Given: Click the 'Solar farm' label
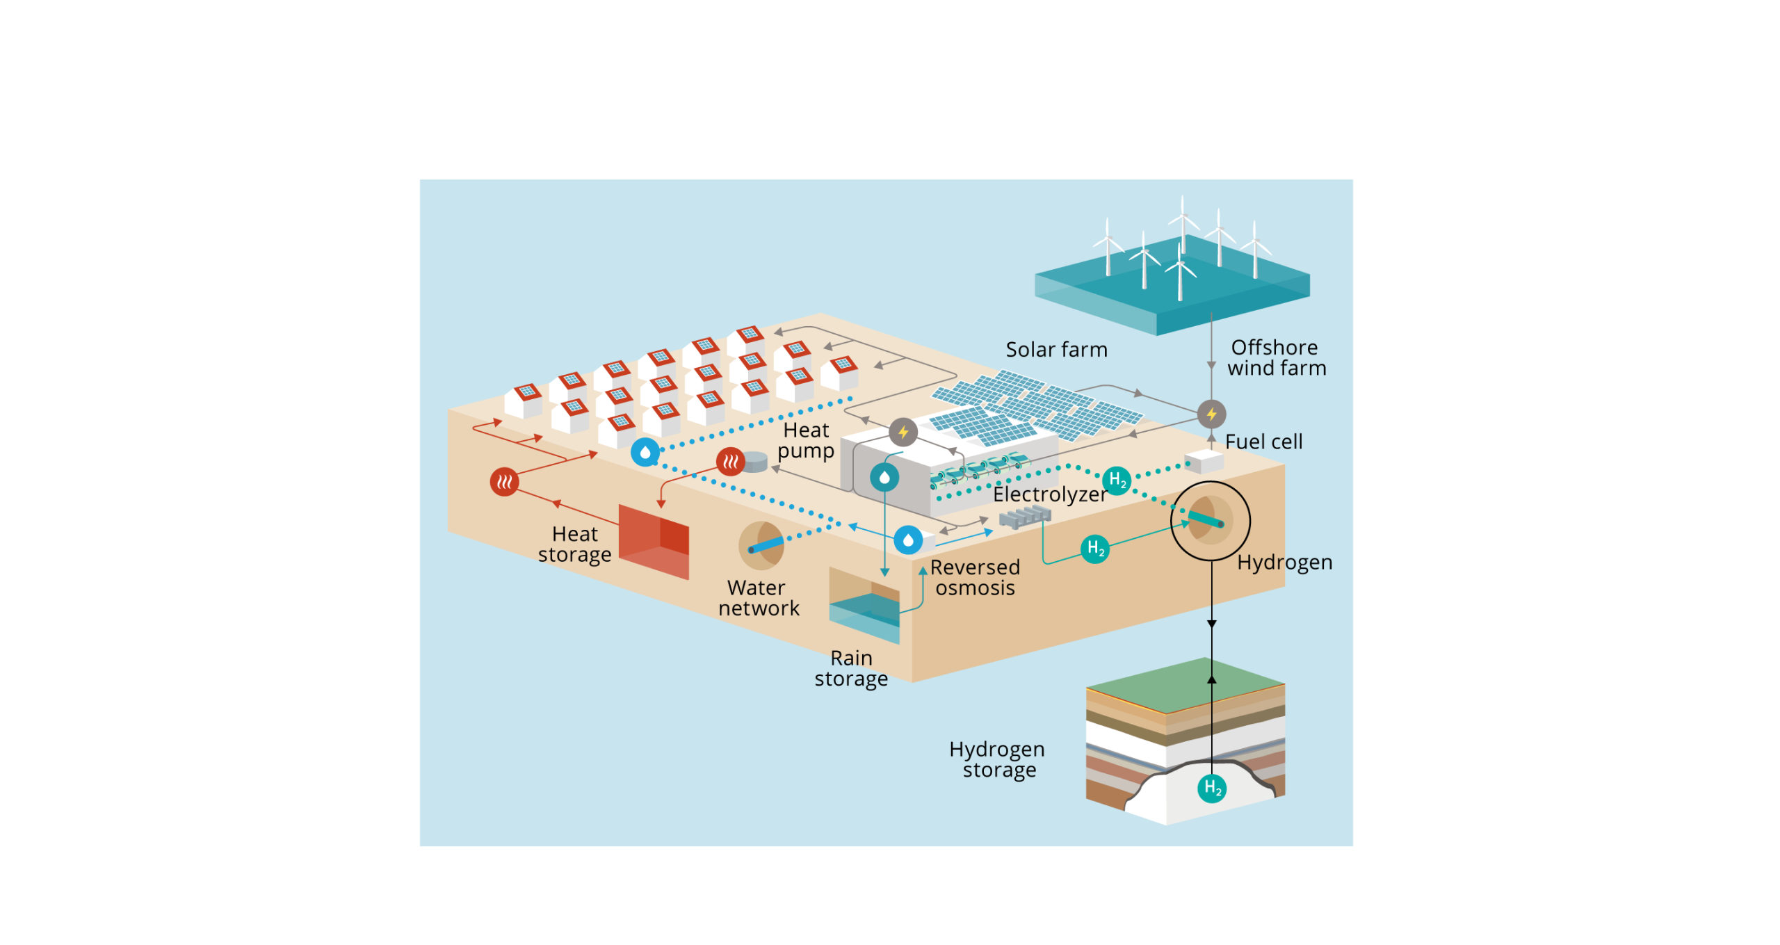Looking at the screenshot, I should tap(1056, 350).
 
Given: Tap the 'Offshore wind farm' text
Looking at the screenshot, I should tap(1276, 357).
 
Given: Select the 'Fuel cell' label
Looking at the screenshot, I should tap(1263, 442).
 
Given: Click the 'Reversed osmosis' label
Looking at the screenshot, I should tap(975, 578).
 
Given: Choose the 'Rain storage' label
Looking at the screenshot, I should tap(851, 668).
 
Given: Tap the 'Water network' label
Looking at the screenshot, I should tap(758, 598).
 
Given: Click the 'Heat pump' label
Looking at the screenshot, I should tap(806, 440).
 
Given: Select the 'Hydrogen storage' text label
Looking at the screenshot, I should tap(997, 759).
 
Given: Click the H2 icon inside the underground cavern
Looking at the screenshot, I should tap(1212, 788).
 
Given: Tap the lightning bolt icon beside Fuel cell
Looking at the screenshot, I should tap(1211, 414).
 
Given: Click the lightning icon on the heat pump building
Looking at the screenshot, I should tap(903, 433).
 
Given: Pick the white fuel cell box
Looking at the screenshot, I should tap(1204, 461).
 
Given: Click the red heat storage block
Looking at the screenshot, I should tap(654, 541).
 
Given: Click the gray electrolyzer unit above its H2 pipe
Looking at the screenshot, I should tap(1025, 517).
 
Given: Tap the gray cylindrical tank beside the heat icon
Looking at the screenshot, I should tap(755, 462).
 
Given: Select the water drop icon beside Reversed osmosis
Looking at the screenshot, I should tap(908, 540).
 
